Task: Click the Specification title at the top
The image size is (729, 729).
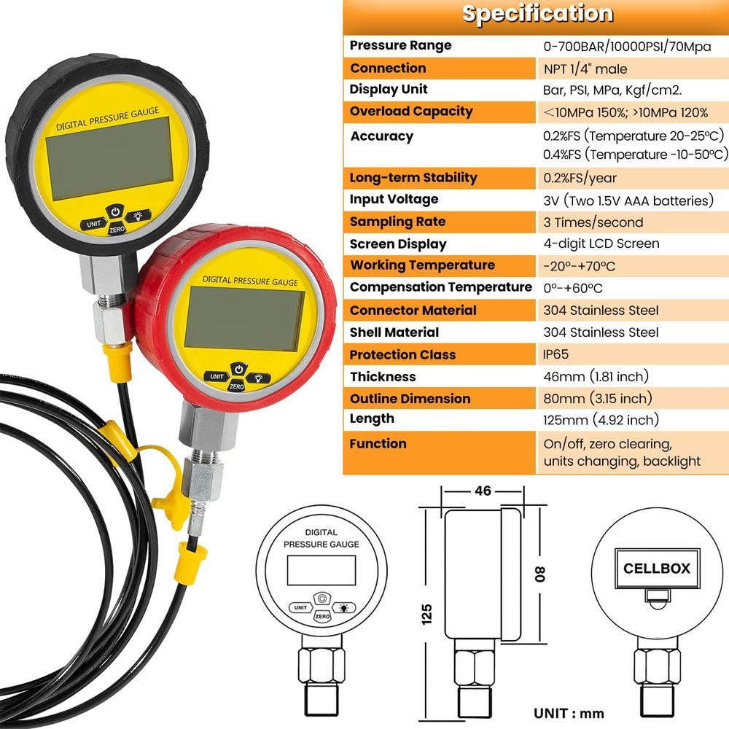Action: [x=537, y=15]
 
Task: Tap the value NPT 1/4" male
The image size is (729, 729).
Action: [x=585, y=69]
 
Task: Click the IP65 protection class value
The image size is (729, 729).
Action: [x=555, y=354]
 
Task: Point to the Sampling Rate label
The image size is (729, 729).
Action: [x=397, y=222]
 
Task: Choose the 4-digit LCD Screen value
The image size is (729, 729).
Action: [x=601, y=243]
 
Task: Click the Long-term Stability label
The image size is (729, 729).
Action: [x=413, y=177]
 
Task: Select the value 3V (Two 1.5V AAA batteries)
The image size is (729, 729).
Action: [x=628, y=200]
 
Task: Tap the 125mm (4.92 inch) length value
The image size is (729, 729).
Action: [x=601, y=420]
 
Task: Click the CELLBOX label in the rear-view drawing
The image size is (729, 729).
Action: [x=656, y=569]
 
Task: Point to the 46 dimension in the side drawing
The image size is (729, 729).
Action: [x=483, y=491]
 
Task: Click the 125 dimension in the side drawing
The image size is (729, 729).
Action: [x=427, y=612]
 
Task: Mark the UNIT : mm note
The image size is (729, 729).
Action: [x=569, y=713]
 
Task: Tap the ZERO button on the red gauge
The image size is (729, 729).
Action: [x=236, y=386]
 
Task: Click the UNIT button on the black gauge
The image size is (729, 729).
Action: [x=93, y=225]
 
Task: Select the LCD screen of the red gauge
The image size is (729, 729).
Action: [x=244, y=317]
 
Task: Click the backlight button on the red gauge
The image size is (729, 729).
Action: [x=257, y=377]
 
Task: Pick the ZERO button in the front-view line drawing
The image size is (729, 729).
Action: [x=321, y=617]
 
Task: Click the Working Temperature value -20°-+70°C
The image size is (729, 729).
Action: [x=579, y=265]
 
